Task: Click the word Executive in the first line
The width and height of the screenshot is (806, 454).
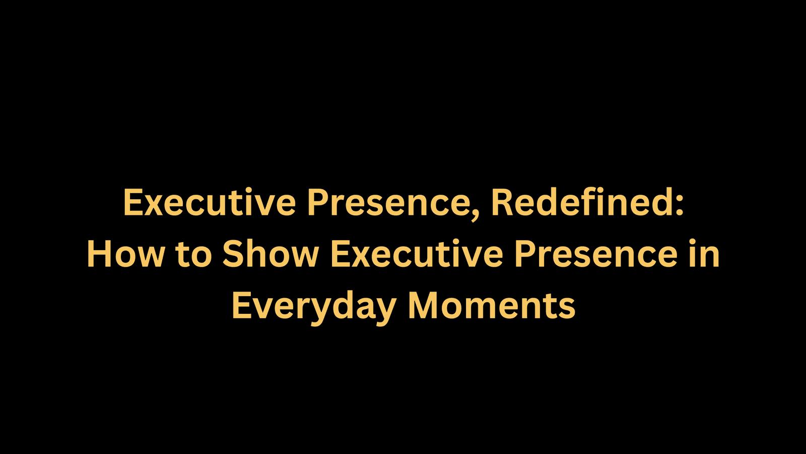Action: click(x=210, y=202)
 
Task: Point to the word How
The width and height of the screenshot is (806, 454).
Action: click(x=126, y=254)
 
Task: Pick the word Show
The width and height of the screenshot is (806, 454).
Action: click(x=271, y=254)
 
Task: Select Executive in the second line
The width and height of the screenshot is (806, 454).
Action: click(x=416, y=254)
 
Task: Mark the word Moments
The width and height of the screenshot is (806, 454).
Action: click(x=492, y=306)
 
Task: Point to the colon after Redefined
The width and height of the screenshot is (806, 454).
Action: click(x=679, y=206)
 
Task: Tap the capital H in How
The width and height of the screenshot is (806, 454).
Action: click(x=99, y=254)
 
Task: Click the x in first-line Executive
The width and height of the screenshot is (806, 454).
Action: click(x=154, y=206)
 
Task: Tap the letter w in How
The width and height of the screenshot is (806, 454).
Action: click(x=149, y=258)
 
